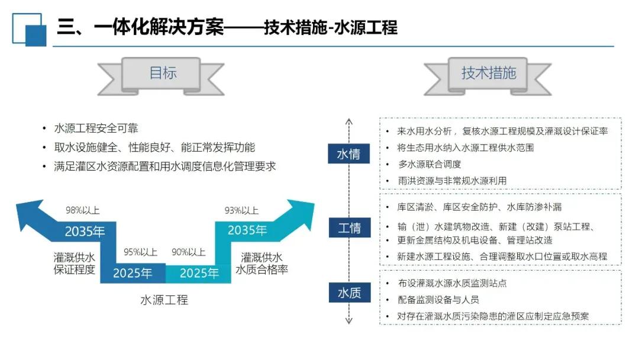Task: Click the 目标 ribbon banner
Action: pos(163,73)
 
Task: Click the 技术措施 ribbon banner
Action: pos(489,73)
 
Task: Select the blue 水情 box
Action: pos(349,155)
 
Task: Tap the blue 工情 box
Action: pos(349,227)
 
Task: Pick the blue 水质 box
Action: pos(349,293)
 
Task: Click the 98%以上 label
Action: pos(82,210)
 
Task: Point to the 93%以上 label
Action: pos(241,210)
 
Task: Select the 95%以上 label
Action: pos(140,252)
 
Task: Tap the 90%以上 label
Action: pos(188,252)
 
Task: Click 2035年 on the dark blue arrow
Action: pos(85,231)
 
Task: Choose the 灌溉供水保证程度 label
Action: pos(74,263)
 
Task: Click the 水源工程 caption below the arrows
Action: pos(164,300)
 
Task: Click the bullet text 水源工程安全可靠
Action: pos(96,128)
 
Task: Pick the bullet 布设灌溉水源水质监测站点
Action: pos(453,283)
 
